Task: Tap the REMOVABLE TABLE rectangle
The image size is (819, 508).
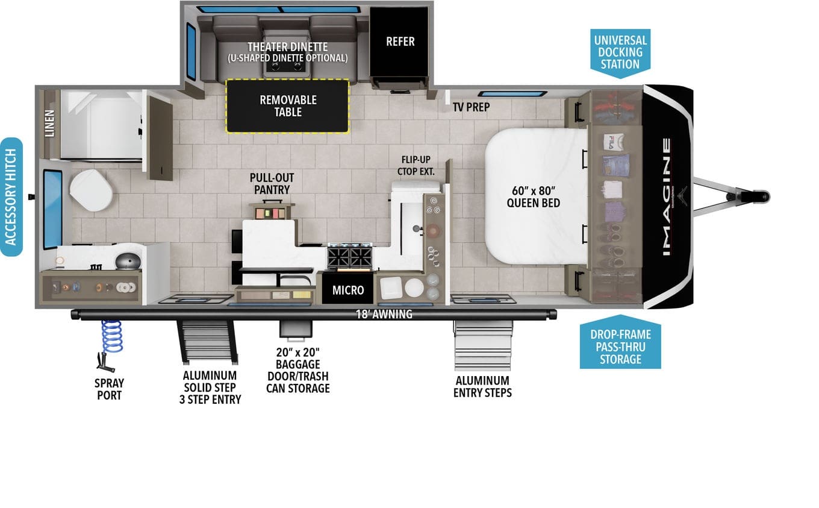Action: (x=288, y=106)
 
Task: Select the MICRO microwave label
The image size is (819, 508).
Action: (x=348, y=290)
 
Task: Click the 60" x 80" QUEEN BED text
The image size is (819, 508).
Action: (x=533, y=196)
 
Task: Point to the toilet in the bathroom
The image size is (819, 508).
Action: (x=91, y=190)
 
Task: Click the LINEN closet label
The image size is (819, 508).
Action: (x=49, y=124)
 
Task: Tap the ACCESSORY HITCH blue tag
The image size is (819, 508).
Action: (x=11, y=197)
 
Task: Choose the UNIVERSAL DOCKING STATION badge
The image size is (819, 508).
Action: (x=620, y=53)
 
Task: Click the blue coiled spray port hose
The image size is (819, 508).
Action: (x=111, y=337)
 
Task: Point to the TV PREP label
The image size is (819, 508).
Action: (x=472, y=107)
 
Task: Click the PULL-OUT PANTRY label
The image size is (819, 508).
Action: (x=272, y=184)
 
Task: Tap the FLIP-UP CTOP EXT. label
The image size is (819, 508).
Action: (x=416, y=166)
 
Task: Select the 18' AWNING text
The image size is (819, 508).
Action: (x=384, y=315)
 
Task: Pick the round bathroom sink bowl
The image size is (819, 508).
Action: (x=128, y=261)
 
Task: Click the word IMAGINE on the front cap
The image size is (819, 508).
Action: (x=667, y=196)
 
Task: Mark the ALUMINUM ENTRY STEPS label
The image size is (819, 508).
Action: (x=482, y=386)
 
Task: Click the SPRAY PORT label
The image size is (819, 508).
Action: (x=109, y=389)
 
